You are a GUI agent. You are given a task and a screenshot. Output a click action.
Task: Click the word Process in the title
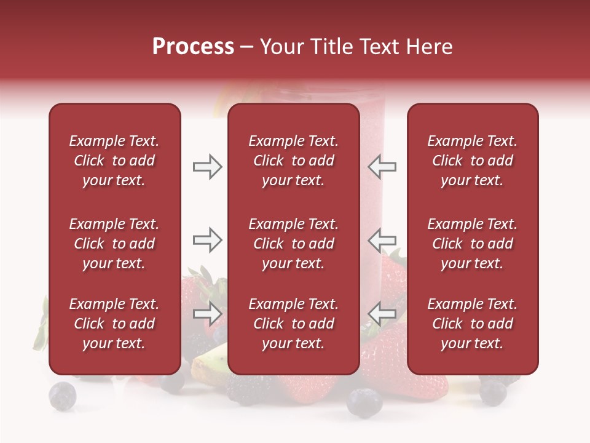tap(193, 47)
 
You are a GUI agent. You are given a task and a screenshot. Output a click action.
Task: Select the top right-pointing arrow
tap(208, 167)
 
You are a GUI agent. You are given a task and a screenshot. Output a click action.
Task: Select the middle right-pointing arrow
tap(208, 239)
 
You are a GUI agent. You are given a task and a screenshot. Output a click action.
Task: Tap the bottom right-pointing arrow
tap(208, 313)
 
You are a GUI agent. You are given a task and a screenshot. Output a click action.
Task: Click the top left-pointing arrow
tap(382, 167)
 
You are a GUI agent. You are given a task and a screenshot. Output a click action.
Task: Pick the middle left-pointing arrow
tap(382, 239)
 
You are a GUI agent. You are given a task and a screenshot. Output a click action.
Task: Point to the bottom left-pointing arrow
tap(382, 313)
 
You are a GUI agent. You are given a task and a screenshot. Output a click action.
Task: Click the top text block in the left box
tap(114, 161)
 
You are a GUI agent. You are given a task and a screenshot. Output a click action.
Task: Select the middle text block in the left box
tap(114, 244)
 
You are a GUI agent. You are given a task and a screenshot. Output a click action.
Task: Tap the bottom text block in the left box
tap(114, 324)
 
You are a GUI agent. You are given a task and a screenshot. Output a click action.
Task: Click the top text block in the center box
tap(293, 161)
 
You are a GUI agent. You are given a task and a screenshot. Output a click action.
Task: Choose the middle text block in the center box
tap(293, 244)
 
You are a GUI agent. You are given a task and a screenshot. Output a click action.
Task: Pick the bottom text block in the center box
tap(293, 324)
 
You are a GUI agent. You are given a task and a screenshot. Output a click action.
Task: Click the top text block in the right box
tap(472, 161)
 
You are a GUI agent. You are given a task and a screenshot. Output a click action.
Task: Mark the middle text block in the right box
tap(472, 244)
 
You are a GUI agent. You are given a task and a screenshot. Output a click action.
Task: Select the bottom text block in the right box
tap(472, 324)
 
